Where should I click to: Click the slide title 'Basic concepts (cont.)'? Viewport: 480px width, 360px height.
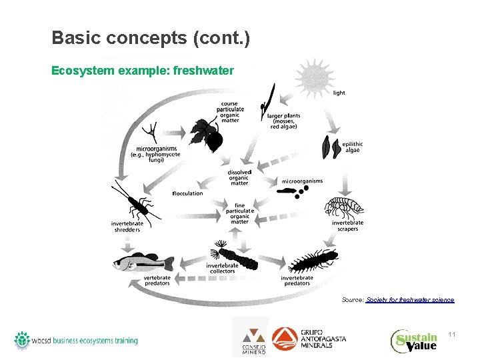pos(151,38)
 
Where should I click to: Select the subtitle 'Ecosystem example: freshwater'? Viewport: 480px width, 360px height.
pos(143,69)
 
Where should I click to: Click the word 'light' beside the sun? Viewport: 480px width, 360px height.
pos(339,93)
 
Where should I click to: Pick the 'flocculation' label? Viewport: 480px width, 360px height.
pos(187,193)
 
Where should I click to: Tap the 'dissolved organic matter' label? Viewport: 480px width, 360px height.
pos(239,178)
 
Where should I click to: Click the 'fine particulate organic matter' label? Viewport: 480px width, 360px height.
pos(240,213)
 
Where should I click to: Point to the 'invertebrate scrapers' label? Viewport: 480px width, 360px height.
pos(347,225)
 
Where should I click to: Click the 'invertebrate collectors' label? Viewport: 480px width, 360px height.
pos(221,267)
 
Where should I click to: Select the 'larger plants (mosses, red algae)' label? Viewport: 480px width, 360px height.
pos(283,122)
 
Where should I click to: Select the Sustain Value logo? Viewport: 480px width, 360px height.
pos(414,340)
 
